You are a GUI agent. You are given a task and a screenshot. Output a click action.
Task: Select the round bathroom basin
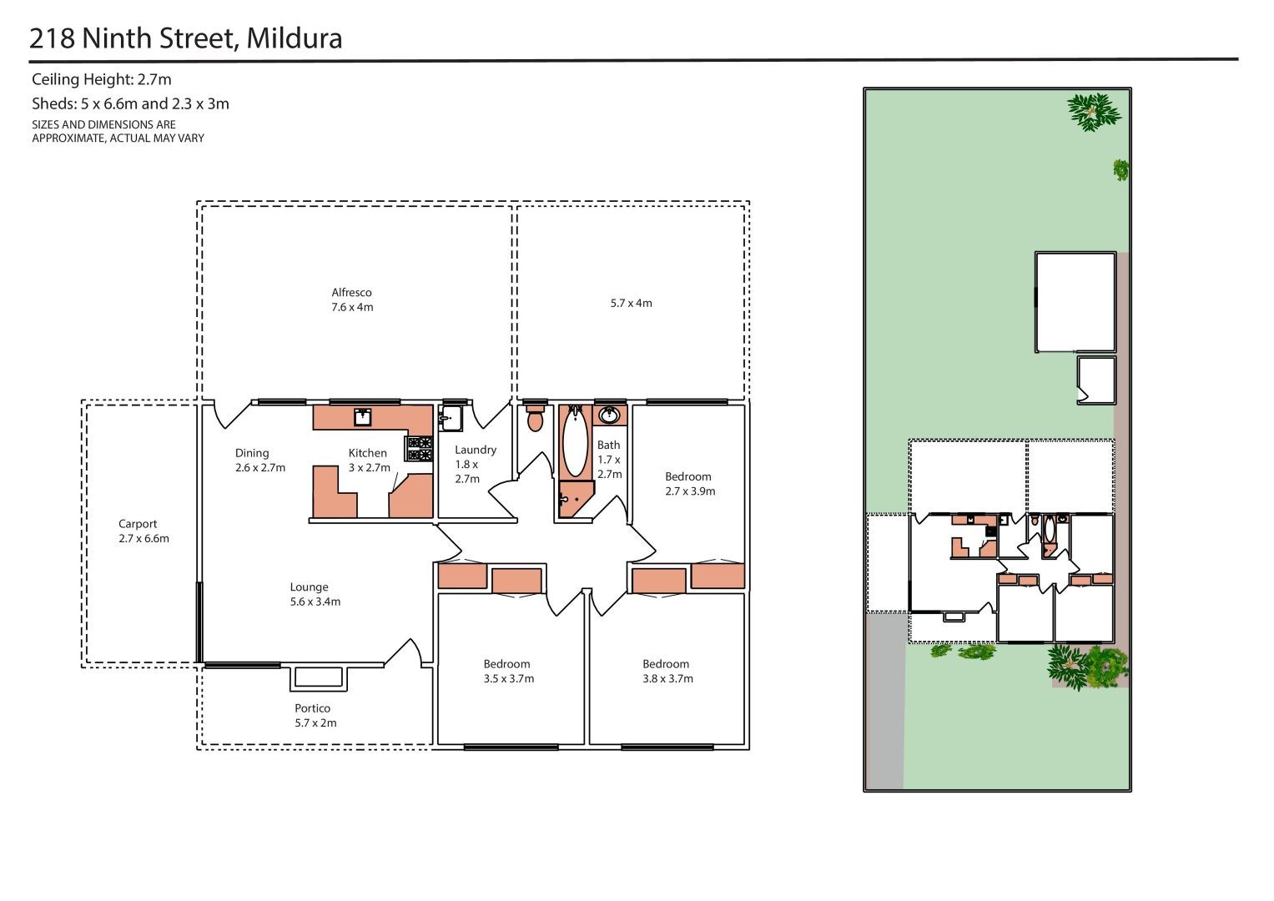[x=609, y=415]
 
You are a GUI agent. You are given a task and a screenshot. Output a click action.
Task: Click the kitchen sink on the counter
[x=362, y=417]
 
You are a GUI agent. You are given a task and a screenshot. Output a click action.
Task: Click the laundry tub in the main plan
[x=451, y=418]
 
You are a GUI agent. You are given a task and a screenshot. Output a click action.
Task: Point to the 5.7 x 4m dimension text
[x=632, y=303]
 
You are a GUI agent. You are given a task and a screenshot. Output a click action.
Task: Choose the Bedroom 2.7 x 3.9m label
[x=690, y=484]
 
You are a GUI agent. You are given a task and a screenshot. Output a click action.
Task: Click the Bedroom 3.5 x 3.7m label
[x=508, y=672]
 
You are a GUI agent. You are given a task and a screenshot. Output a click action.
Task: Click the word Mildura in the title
[x=294, y=38]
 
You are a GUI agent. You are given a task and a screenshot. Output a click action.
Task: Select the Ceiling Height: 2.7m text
[x=101, y=79]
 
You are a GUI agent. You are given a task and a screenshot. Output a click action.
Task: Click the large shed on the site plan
[x=1075, y=302]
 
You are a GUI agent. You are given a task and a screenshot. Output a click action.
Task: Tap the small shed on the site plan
[x=1096, y=380]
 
